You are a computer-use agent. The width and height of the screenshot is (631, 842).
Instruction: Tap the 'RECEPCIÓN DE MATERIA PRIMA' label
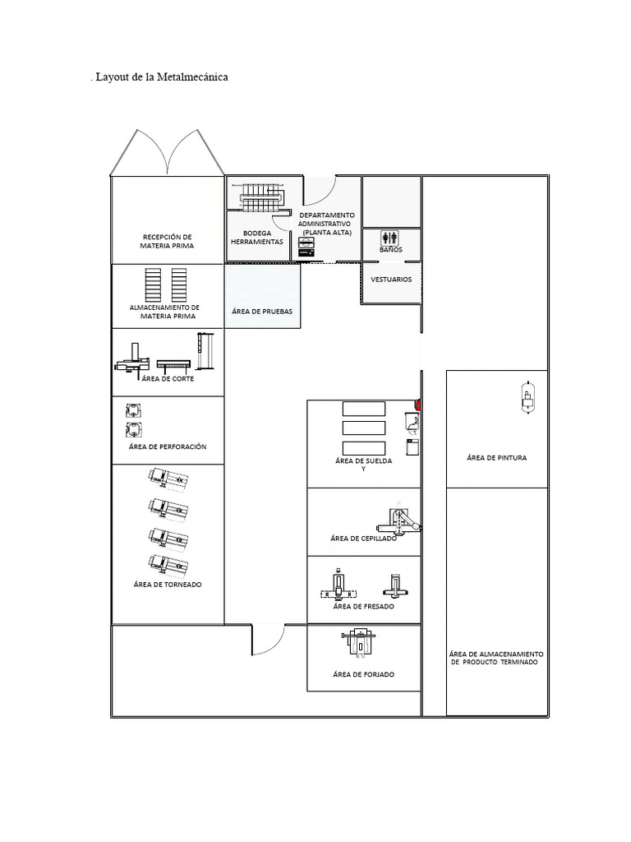click(167, 240)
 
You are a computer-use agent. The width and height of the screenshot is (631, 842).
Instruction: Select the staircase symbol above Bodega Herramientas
click(261, 197)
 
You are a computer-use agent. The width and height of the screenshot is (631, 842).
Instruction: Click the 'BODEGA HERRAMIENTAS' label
click(257, 238)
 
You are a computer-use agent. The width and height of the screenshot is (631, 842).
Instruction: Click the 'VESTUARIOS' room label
click(391, 280)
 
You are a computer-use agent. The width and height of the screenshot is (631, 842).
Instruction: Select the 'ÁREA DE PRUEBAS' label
click(262, 312)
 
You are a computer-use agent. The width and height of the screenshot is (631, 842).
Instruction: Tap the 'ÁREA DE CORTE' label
click(168, 378)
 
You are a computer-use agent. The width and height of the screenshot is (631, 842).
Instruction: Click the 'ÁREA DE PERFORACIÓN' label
click(168, 446)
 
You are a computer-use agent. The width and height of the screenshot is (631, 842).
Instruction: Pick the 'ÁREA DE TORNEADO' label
click(168, 585)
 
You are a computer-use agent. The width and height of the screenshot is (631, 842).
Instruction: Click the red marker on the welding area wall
click(419, 405)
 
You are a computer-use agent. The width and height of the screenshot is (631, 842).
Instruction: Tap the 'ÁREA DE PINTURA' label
click(496, 457)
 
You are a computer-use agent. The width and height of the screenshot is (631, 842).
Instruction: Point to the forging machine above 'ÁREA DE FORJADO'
click(360, 642)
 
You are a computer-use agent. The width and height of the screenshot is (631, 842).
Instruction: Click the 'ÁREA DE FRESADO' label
click(363, 607)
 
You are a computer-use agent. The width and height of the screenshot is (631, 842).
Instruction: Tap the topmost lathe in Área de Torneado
click(168, 478)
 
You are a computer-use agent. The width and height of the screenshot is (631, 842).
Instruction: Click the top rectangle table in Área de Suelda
click(363, 409)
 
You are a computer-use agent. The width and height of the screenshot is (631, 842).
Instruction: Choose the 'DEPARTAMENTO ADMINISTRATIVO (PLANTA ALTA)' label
click(326, 224)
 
